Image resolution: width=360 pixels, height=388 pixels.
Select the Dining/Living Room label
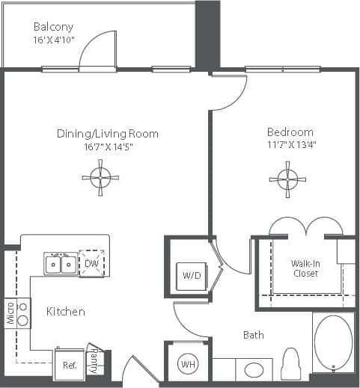coord(108,134)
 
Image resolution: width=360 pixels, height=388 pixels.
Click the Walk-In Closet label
coord(305,268)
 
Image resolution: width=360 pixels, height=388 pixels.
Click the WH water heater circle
coord(186,366)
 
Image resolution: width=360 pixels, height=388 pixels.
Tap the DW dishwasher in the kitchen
coord(92,264)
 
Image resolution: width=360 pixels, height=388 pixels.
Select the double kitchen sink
coord(60,264)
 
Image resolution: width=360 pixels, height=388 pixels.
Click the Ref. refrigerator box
coord(69,366)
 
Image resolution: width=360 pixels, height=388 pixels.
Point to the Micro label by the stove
coord(10,313)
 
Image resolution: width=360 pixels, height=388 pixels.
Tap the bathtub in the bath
coord(333,343)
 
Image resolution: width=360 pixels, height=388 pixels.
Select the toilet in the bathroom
coord(291,365)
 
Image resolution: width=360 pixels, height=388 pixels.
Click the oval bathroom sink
coord(254,369)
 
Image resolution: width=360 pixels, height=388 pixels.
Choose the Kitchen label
coord(66,311)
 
